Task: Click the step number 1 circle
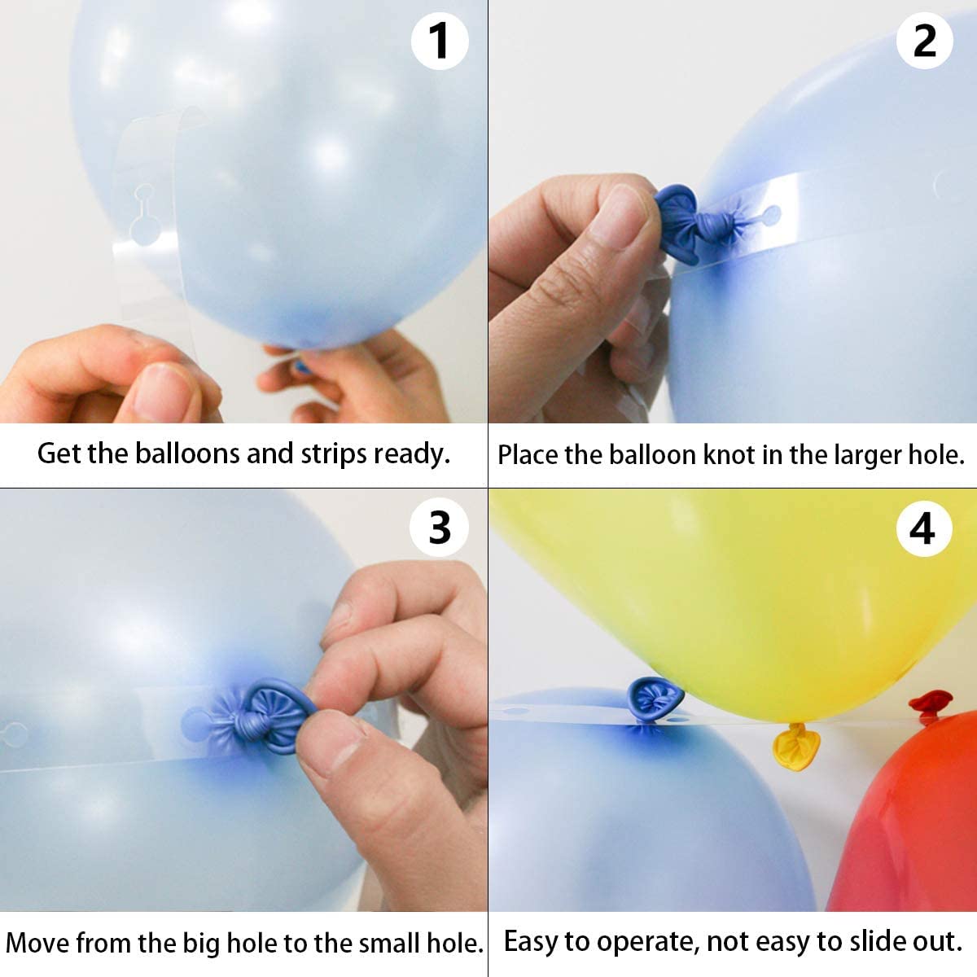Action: [x=439, y=41]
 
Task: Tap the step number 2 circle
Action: [x=924, y=41]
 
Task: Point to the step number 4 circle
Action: [x=922, y=529]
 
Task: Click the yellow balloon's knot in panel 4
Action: [x=791, y=743]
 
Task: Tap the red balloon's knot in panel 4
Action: [x=930, y=705]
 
